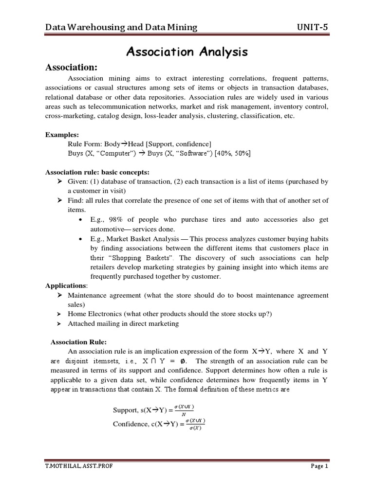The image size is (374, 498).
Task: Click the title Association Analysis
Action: [187, 52]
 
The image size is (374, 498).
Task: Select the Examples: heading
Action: [62, 135]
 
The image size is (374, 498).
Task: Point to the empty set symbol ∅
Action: [182, 361]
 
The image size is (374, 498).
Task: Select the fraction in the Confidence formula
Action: [195, 424]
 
